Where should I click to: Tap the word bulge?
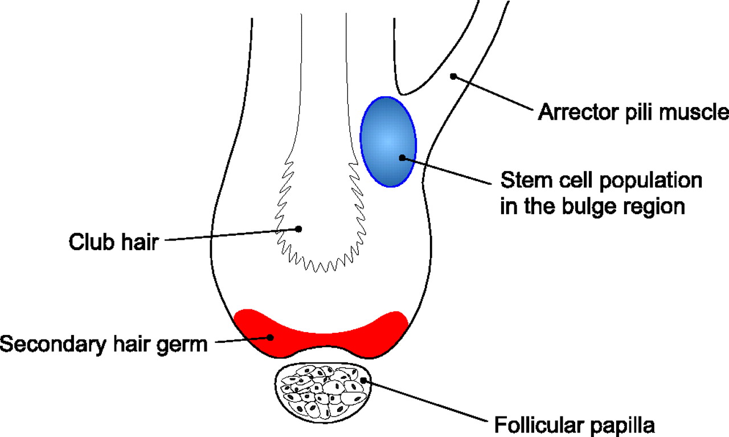pos(591,206)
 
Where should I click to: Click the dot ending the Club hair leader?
pos(298,229)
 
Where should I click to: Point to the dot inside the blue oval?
pos(402,158)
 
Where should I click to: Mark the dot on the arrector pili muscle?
pos(453,75)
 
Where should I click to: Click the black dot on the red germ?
pos(271,337)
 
